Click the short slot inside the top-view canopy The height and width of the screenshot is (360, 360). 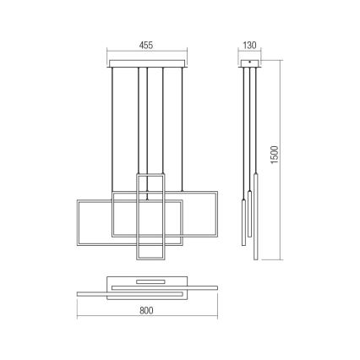(149, 279)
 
